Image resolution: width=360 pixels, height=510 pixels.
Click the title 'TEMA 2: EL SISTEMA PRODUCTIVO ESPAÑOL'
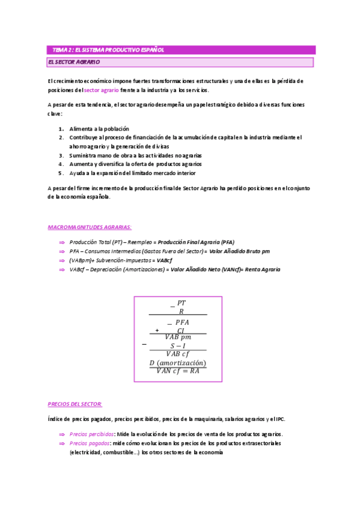tap(108, 50)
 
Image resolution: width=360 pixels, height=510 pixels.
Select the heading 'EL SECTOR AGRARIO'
tap(74, 62)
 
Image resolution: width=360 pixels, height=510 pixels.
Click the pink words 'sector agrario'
tap(101, 90)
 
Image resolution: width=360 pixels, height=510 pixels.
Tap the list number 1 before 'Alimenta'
tap(61, 129)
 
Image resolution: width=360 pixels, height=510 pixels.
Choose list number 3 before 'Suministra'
tap(61, 155)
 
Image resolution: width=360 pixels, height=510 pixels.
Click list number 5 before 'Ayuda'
tap(61, 172)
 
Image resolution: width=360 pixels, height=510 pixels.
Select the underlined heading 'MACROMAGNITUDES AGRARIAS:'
tap(90, 227)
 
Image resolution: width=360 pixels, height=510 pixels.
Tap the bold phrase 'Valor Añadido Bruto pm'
tap(240, 251)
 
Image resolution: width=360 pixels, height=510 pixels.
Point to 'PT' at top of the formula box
tap(182, 303)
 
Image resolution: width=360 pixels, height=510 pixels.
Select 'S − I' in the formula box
tap(178, 346)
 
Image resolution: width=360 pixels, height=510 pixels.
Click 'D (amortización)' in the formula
tap(177, 363)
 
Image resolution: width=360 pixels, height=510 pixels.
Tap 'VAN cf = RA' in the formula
tap(177, 371)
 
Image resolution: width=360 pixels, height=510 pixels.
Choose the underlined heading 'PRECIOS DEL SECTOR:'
tap(75, 404)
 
